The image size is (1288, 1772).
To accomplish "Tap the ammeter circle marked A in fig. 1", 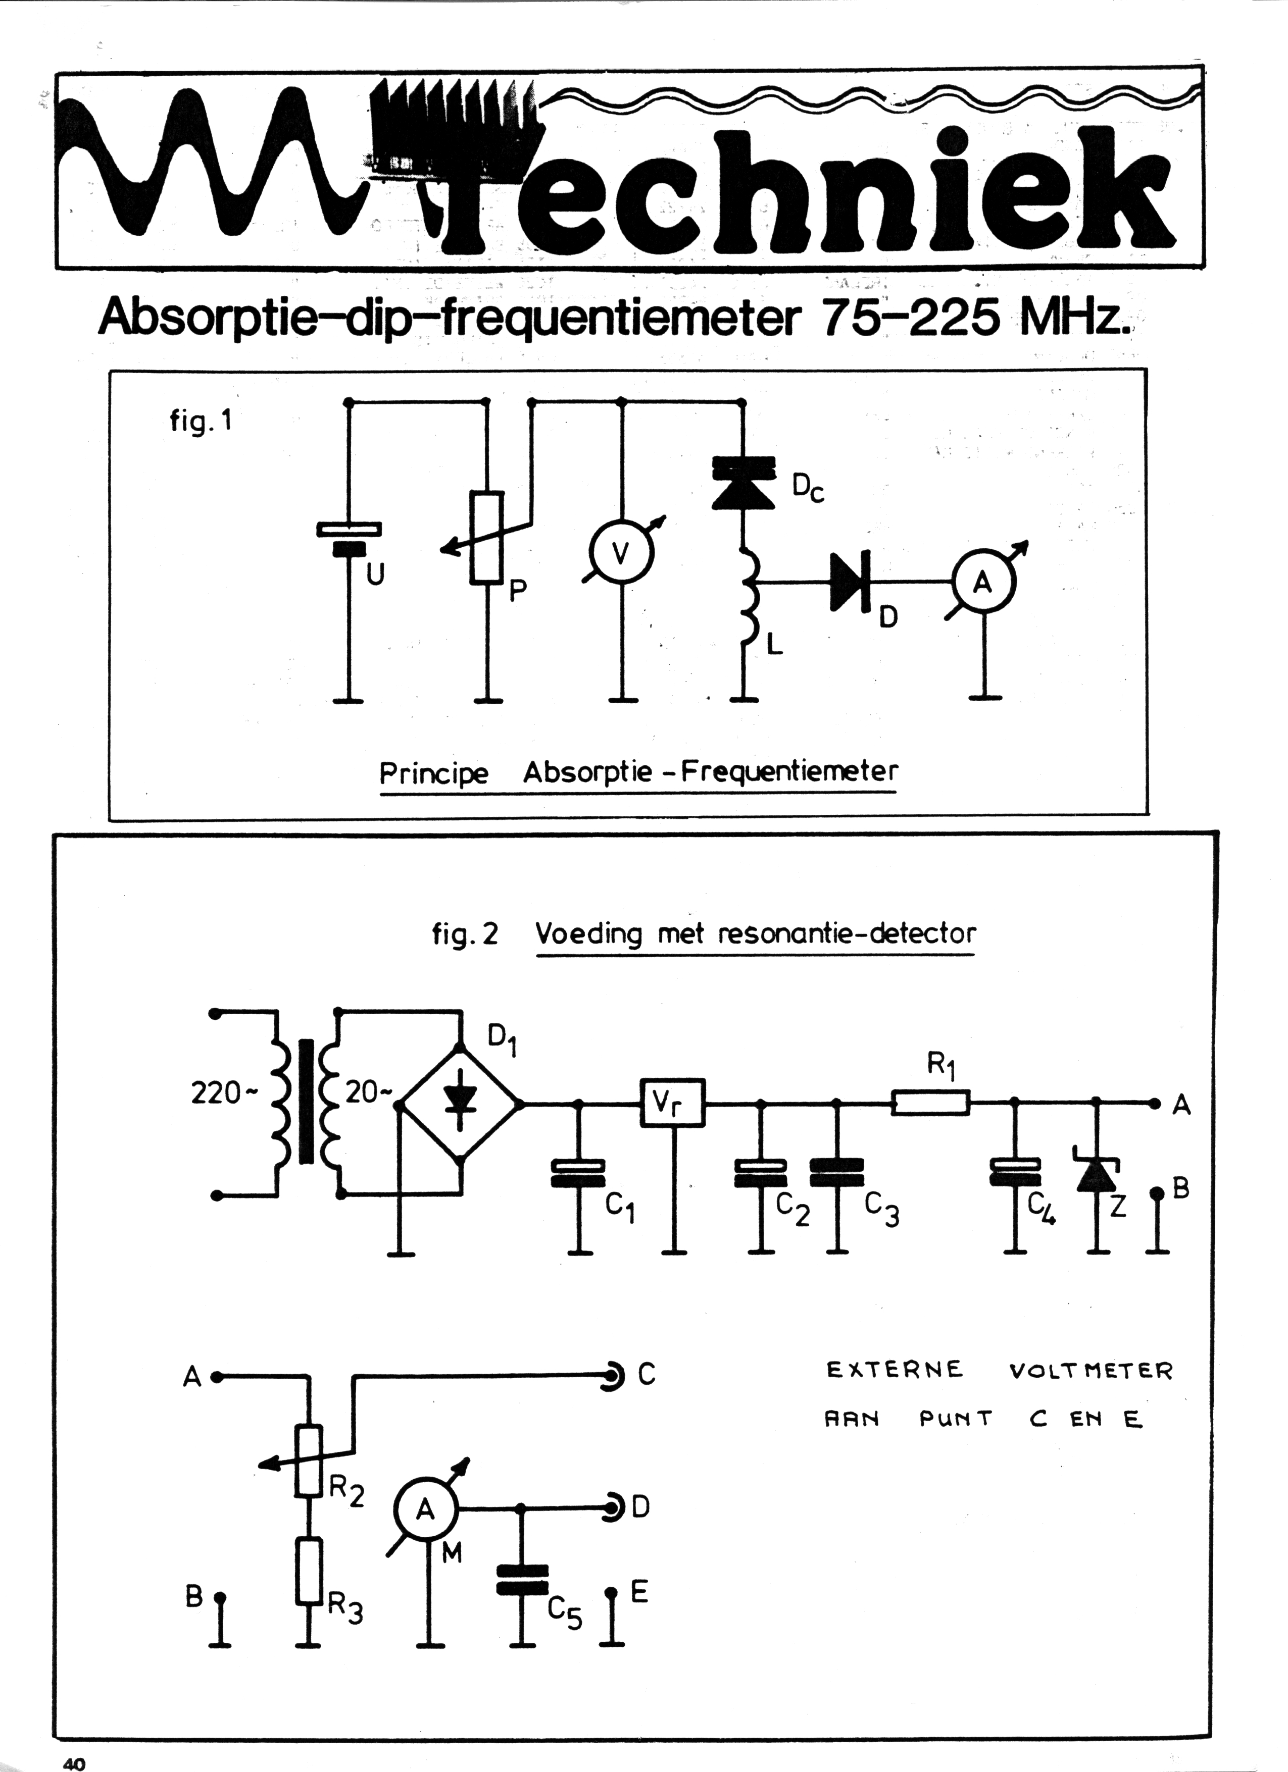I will click(983, 582).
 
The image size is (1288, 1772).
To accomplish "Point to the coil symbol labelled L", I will click(747, 598).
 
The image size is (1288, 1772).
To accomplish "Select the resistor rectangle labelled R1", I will click(931, 1103).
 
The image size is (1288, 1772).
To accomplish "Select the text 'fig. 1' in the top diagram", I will click(200, 422).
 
